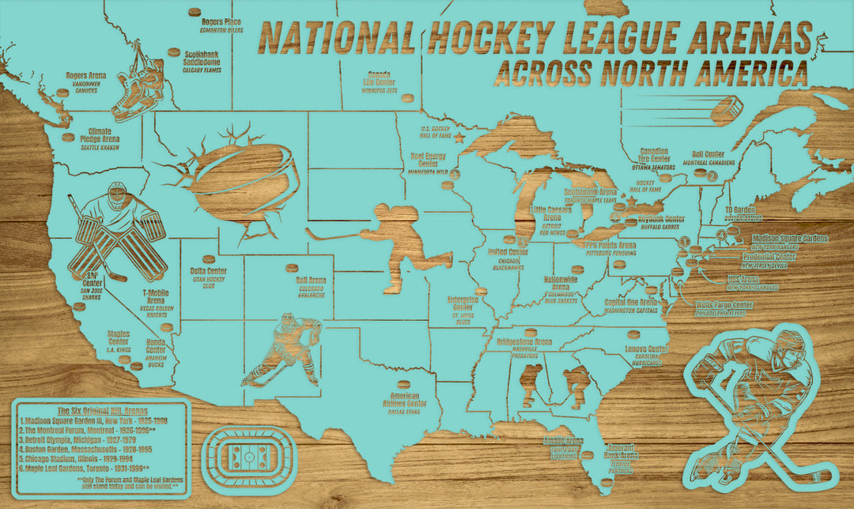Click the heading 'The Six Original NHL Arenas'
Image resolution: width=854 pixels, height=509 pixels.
[100, 411]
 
